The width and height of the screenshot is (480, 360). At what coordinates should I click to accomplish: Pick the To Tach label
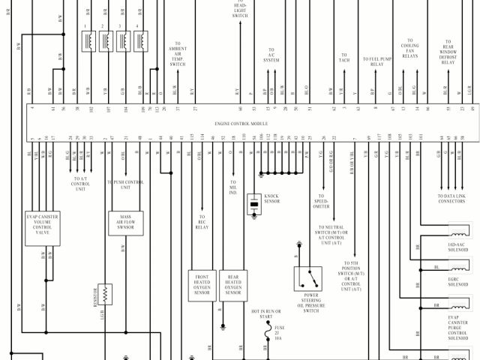pos(345,58)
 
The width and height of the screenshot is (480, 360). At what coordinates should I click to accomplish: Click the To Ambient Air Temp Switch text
pos(178,55)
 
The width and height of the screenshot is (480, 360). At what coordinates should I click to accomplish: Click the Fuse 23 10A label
pos(279,333)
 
